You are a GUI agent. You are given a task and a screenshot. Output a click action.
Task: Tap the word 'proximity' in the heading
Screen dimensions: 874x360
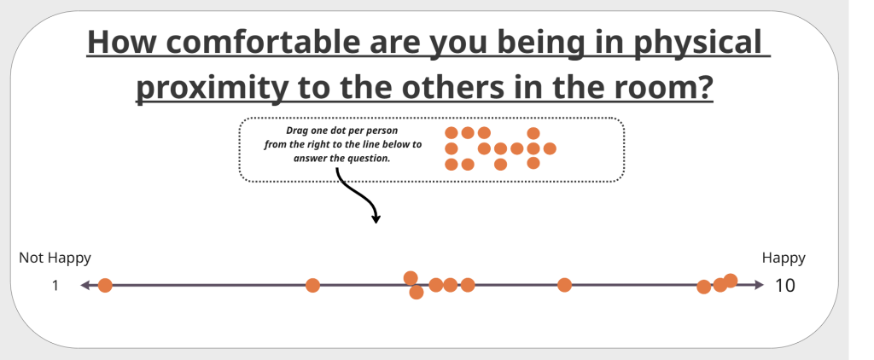212,88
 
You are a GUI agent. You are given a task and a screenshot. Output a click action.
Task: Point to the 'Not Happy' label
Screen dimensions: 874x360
55,258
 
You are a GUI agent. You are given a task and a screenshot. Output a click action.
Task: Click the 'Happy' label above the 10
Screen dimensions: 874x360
784,258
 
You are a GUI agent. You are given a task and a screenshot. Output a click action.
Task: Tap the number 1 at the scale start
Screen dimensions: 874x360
55,285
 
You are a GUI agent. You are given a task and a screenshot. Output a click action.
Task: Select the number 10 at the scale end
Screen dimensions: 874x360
785,285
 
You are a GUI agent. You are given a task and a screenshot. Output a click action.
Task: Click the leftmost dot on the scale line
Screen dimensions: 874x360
105,285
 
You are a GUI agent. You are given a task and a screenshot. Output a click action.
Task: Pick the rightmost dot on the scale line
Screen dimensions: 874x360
731,281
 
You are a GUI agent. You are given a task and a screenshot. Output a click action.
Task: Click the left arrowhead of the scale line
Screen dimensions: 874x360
85,285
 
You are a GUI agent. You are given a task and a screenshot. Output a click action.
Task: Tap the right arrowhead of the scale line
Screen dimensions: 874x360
759,285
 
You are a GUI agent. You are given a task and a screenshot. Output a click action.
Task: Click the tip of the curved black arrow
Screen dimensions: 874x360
376,223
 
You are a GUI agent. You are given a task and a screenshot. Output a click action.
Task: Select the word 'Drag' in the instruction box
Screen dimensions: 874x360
296,131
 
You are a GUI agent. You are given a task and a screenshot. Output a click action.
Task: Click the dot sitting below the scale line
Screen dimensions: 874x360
416,292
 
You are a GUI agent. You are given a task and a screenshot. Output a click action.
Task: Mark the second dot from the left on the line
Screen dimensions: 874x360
312,285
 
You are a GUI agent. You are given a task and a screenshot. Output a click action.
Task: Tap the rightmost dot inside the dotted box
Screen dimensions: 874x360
550,148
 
